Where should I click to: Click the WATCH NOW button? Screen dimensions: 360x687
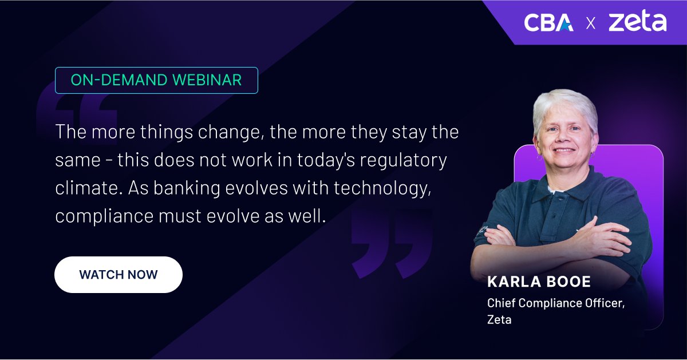tap(119, 275)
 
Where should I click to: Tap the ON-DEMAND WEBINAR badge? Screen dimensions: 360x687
tap(156, 80)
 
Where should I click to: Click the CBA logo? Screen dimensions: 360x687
tap(548, 22)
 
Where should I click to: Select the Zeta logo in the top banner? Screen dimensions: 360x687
tap(637, 22)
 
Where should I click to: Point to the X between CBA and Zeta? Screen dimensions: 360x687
tap(590, 23)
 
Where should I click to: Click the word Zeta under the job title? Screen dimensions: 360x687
tap(499, 319)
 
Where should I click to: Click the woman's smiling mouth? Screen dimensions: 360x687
tap(564, 151)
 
